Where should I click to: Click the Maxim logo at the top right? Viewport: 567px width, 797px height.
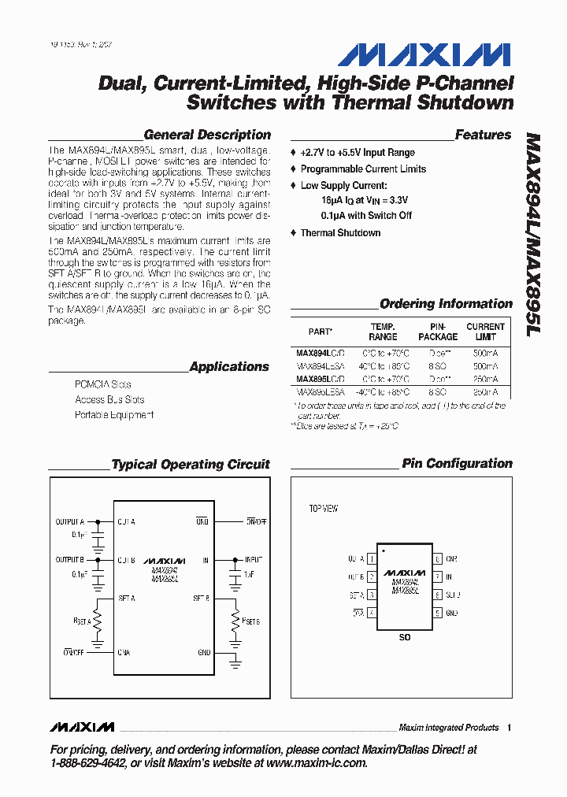[424, 55]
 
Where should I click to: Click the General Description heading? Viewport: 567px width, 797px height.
[207, 135]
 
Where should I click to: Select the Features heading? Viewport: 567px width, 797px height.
[483, 135]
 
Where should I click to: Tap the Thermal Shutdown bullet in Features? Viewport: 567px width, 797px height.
[340, 233]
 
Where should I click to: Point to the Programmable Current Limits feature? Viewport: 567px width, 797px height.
[363, 169]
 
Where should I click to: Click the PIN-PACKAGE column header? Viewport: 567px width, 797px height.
[438, 332]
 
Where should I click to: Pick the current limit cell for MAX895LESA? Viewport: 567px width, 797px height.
[485, 391]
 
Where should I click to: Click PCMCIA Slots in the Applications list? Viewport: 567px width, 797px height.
[103, 384]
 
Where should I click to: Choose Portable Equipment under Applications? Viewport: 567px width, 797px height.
[114, 415]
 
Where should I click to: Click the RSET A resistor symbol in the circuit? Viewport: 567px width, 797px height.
[98, 621]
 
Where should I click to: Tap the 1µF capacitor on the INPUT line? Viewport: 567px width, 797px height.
[235, 579]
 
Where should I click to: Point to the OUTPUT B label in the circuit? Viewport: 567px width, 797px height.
[69, 560]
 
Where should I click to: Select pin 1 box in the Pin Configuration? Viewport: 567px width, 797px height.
[371, 559]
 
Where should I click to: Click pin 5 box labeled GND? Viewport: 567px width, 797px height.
[437, 613]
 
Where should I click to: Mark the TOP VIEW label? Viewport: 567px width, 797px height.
[323, 509]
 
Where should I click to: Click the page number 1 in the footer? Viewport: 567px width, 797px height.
[510, 728]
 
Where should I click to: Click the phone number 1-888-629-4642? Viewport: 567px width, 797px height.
[87, 763]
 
